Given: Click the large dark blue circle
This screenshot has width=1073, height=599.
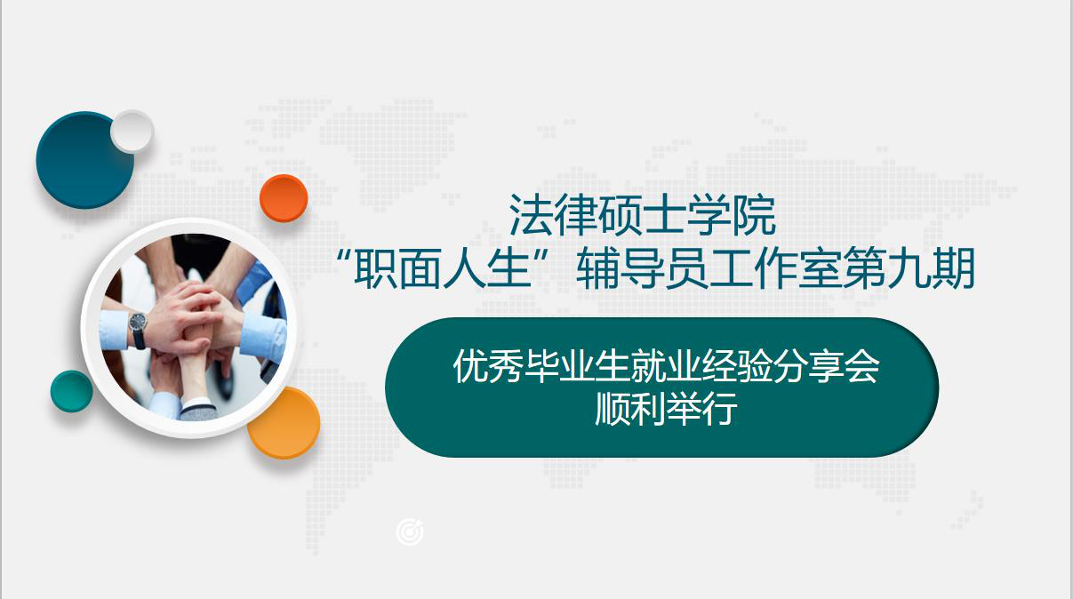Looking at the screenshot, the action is pos(84,160).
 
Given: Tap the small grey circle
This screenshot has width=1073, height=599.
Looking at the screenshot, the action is pos(132,132).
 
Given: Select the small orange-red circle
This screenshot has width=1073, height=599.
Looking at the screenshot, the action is pos(284,198).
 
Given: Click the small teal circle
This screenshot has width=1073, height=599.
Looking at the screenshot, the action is pos(72,391).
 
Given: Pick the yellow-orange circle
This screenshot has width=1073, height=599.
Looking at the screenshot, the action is pos(284,422).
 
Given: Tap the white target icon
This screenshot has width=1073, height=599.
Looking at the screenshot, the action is pos(410,532).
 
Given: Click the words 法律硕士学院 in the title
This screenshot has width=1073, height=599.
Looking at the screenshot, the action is pos(643,215).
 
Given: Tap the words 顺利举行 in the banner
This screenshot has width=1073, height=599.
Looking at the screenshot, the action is pos(666,409).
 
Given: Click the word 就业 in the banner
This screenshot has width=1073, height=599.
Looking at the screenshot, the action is pos(666,366).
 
